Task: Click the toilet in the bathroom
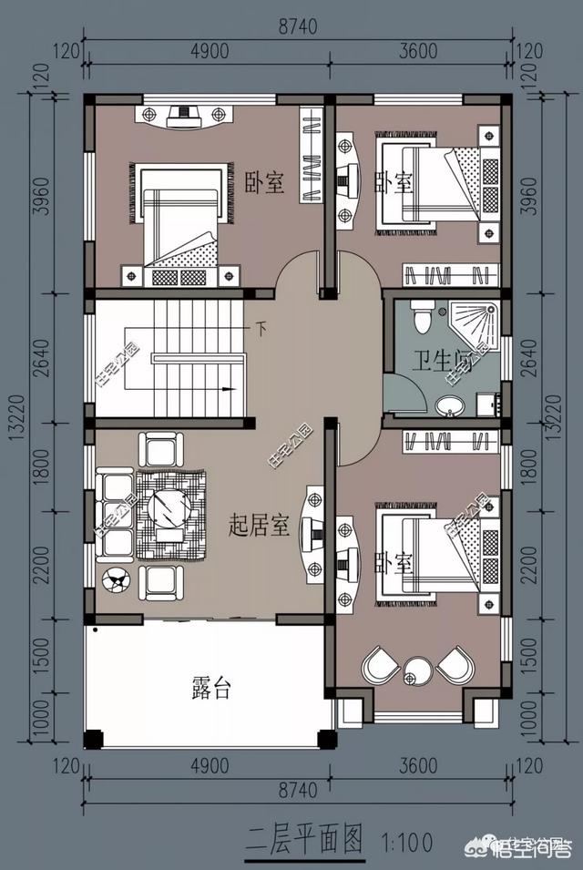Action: coord(422,315)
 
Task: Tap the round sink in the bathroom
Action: coord(448,405)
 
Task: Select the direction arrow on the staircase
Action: coord(229,389)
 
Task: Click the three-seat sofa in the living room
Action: coord(114,515)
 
